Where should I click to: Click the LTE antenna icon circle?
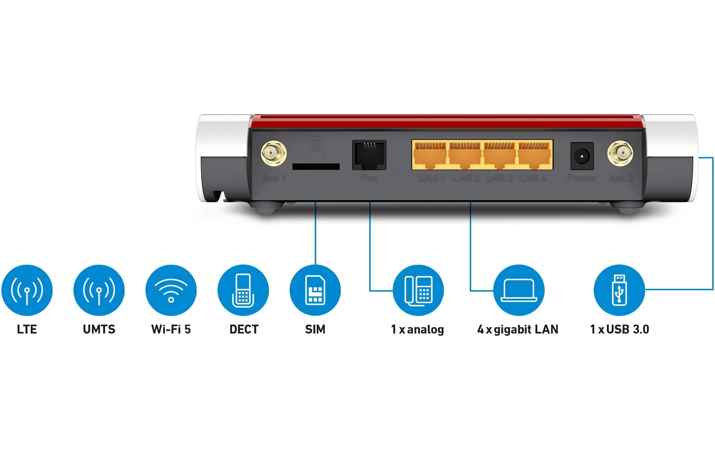click(x=27, y=290)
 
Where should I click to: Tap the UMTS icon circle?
click(x=99, y=290)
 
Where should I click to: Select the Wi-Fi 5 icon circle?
click(x=171, y=290)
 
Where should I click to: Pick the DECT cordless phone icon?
click(x=243, y=290)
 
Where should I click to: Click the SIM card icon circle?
click(x=315, y=290)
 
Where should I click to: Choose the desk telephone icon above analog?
click(x=418, y=290)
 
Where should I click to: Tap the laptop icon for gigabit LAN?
click(x=519, y=290)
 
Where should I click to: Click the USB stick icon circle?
click(x=619, y=290)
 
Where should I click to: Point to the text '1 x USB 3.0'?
click(x=619, y=329)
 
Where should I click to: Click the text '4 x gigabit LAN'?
click(x=518, y=329)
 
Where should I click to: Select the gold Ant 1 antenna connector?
click(x=273, y=153)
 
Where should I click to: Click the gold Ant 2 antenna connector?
click(x=620, y=153)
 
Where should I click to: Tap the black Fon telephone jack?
click(x=369, y=155)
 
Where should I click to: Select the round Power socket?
click(x=582, y=156)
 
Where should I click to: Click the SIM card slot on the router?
click(x=316, y=167)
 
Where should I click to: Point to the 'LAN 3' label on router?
click(x=499, y=179)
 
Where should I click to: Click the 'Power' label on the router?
click(x=582, y=179)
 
